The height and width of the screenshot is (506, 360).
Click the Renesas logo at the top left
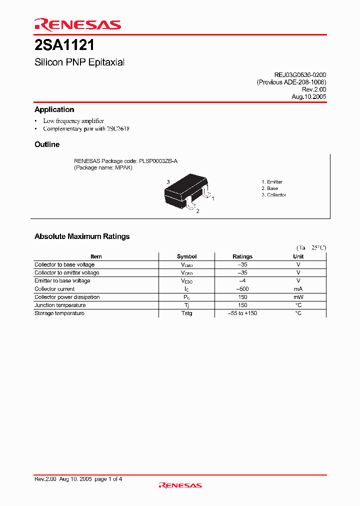pyautogui.click(x=77, y=24)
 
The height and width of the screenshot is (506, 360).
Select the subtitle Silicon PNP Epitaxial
pyautogui.click(x=79, y=62)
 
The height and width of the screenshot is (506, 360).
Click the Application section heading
pyautogui.click(x=54, y=109)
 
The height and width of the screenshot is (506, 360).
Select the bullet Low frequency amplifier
pyautogui.click(x=73, y=121)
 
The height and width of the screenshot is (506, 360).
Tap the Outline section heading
pyautogui.click(x=47, y=144)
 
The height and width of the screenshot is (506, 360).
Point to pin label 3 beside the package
pyautogui.click(x=168, y=182)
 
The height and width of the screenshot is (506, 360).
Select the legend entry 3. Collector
pyautogui.click(x=273, y=195)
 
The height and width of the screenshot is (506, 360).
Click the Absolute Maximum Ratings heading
pyautogui.click(x=82, y=236)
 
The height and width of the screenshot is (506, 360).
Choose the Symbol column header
pyautogui.click(x=186, y=256)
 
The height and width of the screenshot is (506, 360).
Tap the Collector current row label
pyautogui.click(x=54, y=289)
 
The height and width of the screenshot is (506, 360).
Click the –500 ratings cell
pyautogui.click(x=242, y=289)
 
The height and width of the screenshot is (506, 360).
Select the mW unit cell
pyautogui.click(x=298, y=297)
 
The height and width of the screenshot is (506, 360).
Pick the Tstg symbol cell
pyautogui.click(x=186, y=313)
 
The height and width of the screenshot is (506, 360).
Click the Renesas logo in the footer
pyautogui.click(x=180, y=485)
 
